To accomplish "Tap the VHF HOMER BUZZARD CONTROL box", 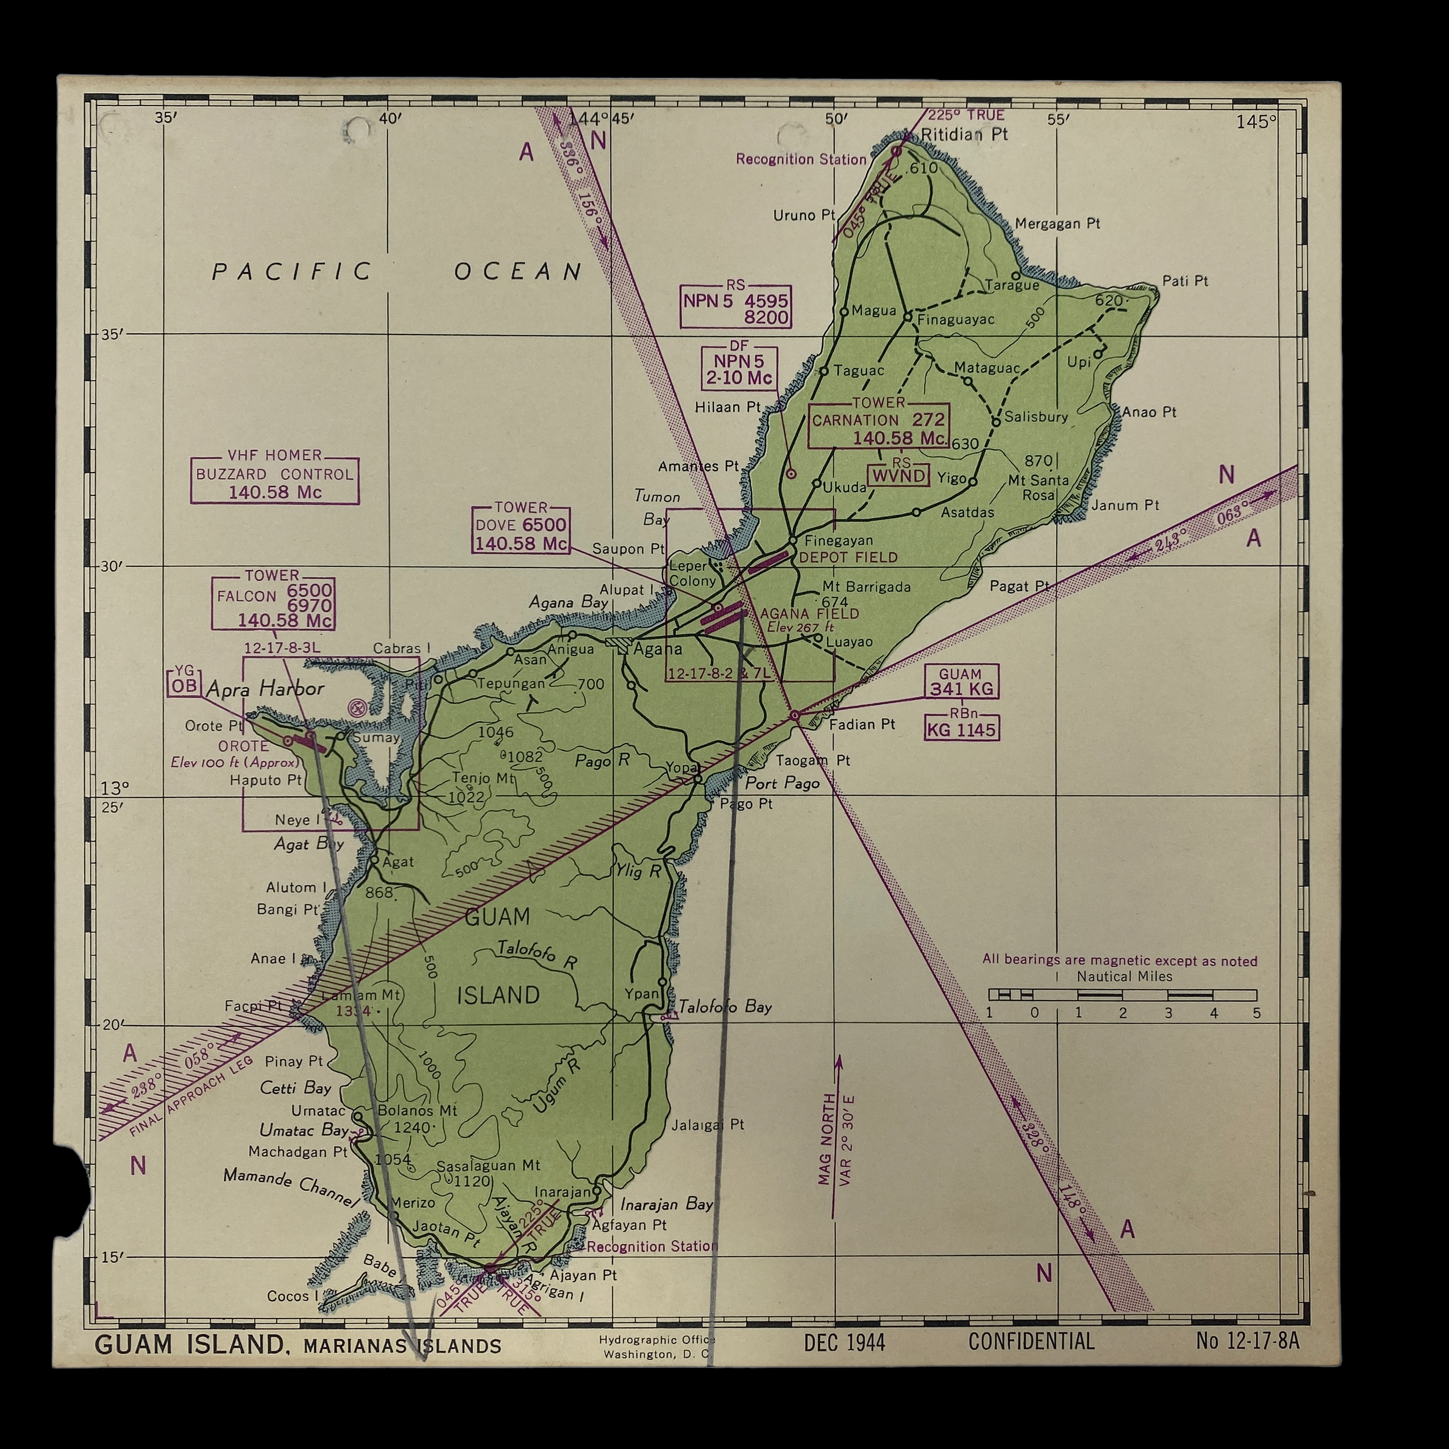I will click(x=275, y=480).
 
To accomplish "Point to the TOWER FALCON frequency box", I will click(x=273, y=604).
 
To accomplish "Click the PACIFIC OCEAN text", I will click(x=397, y=271).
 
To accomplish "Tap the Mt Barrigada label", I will click(x=867, y=587).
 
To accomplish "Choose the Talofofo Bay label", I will click(x=724, y=1007).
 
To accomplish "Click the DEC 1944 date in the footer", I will click(x=844, y=1342).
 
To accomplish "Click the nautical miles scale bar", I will click(x=1122, y=995).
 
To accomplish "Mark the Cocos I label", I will click(x=288, y=1296).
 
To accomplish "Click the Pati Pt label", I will click(x=1185, y=281).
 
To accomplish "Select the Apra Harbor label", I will click(x=265, y=689).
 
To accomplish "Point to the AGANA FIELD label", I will click(x=809, y=613).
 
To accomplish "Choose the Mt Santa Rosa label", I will click(x=1038, y=487).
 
